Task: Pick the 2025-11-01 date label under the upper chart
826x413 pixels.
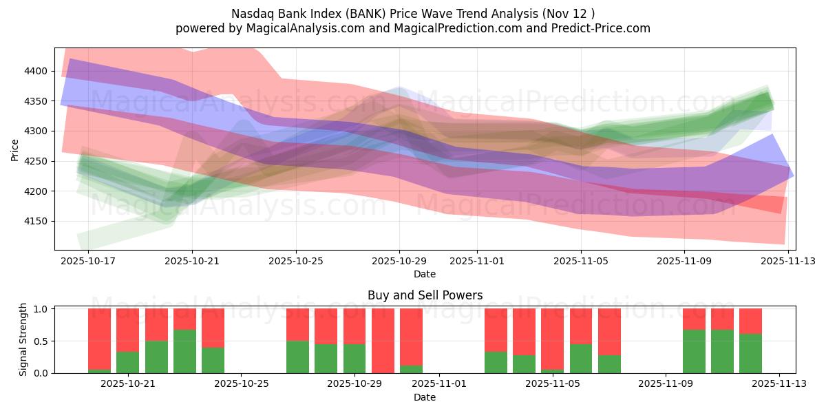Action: pyautogui.click(x=476, y=262)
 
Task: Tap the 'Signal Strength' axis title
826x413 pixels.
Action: pyautogui.click(x=23, y=339)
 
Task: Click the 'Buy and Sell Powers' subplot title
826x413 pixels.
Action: pyautogui.click(x=425, y=295)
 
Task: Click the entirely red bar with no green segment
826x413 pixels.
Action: pyautogui.click(x=383, y=341)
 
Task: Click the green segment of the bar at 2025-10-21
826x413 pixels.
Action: pyautogui.click(x=128, y=362)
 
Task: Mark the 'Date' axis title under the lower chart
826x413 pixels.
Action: pyautogui.click(x=425, y=397)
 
